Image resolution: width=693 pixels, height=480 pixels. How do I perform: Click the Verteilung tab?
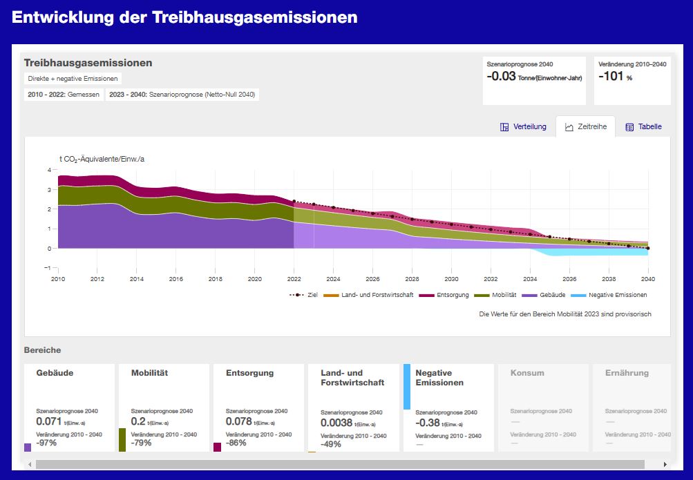pyautogui.click(x=523, y=127)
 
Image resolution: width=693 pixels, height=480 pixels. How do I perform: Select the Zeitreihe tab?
pyautogui.click(x=585, y=127)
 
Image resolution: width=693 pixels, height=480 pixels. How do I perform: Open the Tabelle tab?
pyautogui.click(x=643, y=127)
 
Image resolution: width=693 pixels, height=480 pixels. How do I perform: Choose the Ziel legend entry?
pyautogui.click(x=304, y=295)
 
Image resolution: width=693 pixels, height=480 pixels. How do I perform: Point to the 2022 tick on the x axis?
pyautogui.click(x=294, y=279)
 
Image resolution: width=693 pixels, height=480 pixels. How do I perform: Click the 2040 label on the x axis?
pyautogui.click(x=648, y=279)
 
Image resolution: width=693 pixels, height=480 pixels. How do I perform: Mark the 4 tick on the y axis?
pyautogui.click(x=49, y=170)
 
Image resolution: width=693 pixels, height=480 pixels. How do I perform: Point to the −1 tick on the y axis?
pyautogui.click(x=48, y=268)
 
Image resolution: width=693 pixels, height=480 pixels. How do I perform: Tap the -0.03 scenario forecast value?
pyautogui.click(x=501, y=77)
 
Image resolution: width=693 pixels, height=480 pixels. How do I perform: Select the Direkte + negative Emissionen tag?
pyautogui.click(x=73, y=79)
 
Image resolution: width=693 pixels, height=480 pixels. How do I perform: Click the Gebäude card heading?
pyautogui.click(x=55, y=373)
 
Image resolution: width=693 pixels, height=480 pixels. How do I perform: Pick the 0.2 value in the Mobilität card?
pyautogui.click(x=137, y=421)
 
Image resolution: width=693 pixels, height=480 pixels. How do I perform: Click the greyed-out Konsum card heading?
pyautogui.click(x=527, y=373)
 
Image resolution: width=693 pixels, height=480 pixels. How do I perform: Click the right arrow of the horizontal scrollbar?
pyautogui.click(x=665, y=465)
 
